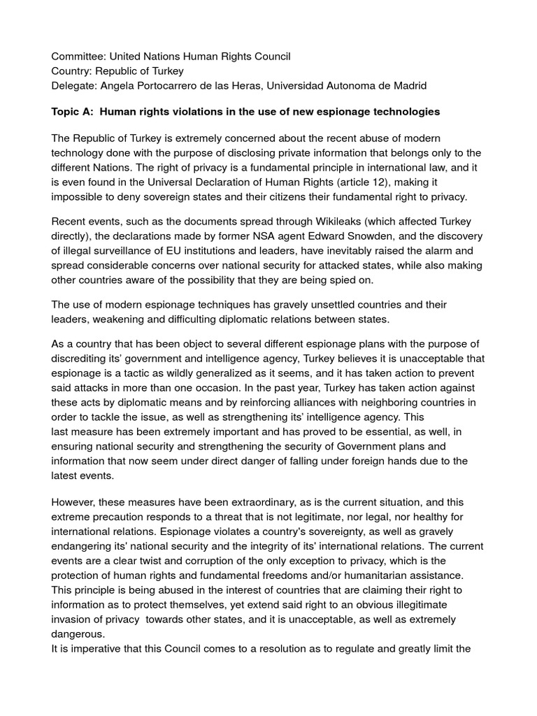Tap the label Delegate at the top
pyautogui.click(x=75, y=85)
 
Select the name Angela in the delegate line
pyautogui.click(x=122, y=85)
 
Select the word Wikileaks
pyautogui.click(x=295, y=222)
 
